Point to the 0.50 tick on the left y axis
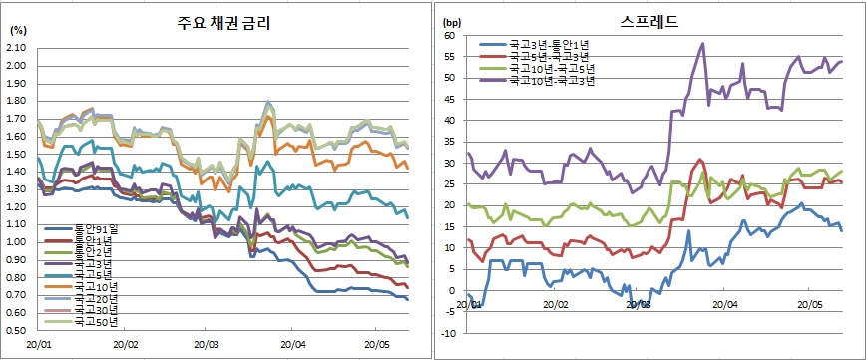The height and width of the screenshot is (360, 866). point(20,329)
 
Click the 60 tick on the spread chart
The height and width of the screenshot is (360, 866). point(449,35)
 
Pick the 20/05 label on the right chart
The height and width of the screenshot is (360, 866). point(808,304)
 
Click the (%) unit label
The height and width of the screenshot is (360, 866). point(19,30)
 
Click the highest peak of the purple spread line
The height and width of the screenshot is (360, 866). point(703,43)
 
